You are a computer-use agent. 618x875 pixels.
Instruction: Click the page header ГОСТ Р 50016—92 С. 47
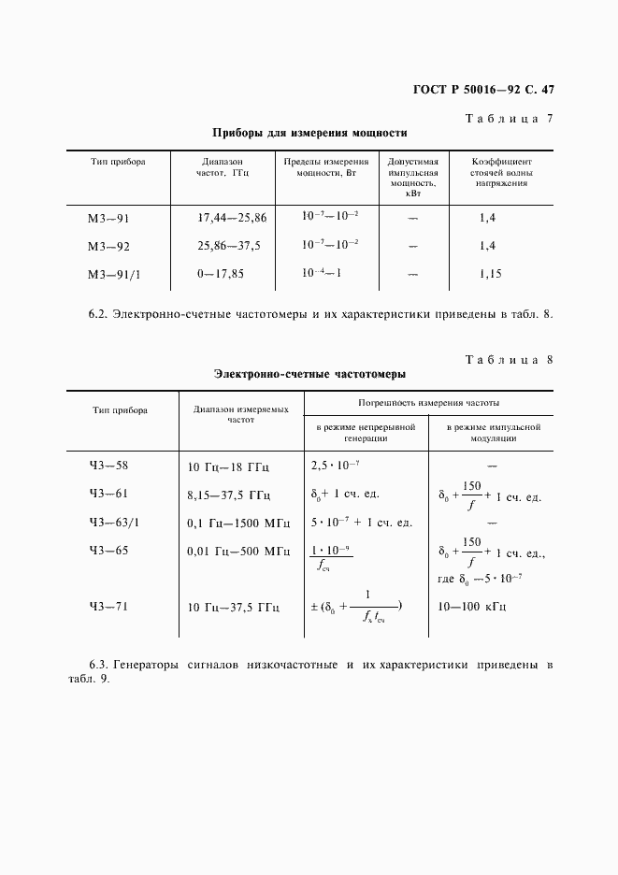[483, 91]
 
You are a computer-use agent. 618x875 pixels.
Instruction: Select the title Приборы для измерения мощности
[309, 133]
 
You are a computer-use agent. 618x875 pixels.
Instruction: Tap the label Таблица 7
[509, 119]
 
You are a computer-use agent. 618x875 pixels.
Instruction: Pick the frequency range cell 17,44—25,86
[232, 218]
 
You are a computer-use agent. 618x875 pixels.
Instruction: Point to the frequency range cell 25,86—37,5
[229, 246]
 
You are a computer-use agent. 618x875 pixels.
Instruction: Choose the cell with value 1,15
[491, 275]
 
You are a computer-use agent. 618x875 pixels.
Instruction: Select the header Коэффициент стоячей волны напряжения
[501, 172]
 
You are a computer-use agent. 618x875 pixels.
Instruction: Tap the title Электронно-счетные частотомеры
[309, 374]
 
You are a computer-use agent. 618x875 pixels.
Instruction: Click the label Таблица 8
[509, 360]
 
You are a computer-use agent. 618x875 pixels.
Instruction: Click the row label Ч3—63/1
[114, 523]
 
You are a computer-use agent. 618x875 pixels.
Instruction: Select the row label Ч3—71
[108, 606]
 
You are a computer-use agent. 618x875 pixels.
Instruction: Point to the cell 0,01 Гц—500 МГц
[238, 552]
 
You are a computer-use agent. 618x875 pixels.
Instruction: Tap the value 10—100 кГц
[472, 607]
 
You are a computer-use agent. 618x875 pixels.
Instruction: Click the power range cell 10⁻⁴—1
[321, 273]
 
